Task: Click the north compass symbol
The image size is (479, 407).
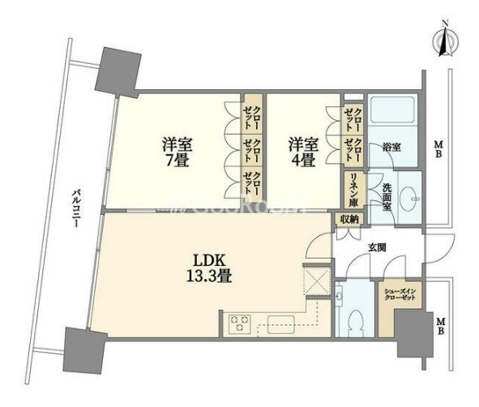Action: click(444, 41)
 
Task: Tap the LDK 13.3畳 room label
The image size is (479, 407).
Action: click(207, 268)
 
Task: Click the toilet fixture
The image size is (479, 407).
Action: click(353, 321)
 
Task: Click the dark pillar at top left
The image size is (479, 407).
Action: click(113, 71)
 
